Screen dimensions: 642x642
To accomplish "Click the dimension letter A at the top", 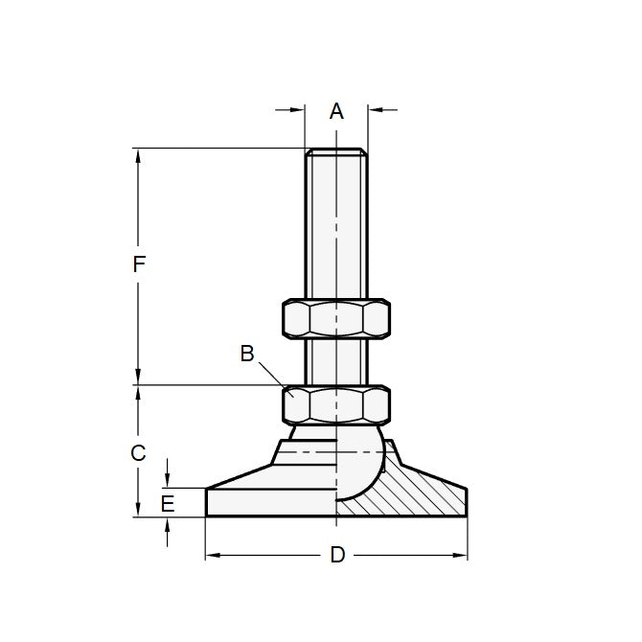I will tap(336, 111).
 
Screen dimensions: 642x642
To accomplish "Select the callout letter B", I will tap(246, 354).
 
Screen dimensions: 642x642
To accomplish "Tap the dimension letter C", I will tap(139, 452).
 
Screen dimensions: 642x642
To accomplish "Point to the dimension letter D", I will tap(336, 556).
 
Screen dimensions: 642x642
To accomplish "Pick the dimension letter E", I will tap(168, 503).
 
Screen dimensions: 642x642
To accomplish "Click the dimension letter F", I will tap(139, 265).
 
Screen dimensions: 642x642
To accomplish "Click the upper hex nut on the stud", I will tap(336, 318).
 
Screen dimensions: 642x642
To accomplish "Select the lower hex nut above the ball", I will tap(336, 404).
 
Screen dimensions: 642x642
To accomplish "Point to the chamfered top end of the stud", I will tap(335, 151).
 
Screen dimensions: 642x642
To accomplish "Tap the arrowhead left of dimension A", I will tap(298, 110).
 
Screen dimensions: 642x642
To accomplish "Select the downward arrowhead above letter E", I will tap(168, 481).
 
